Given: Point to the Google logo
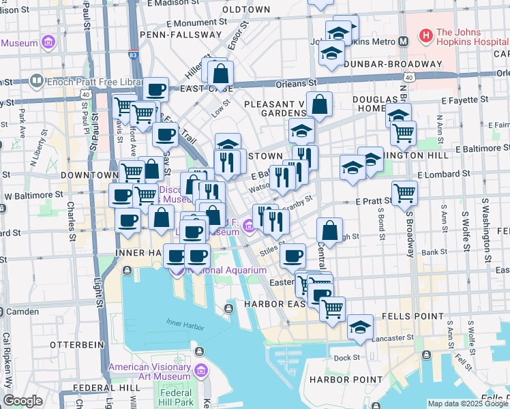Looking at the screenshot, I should tap(23, 401).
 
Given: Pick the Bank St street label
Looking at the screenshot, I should tap(433, 252).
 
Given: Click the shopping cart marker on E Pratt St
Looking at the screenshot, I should tap(405, 192).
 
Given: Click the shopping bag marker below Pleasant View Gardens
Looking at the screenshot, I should tap(319, 105).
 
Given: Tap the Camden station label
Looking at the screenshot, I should tap(22, 312).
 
